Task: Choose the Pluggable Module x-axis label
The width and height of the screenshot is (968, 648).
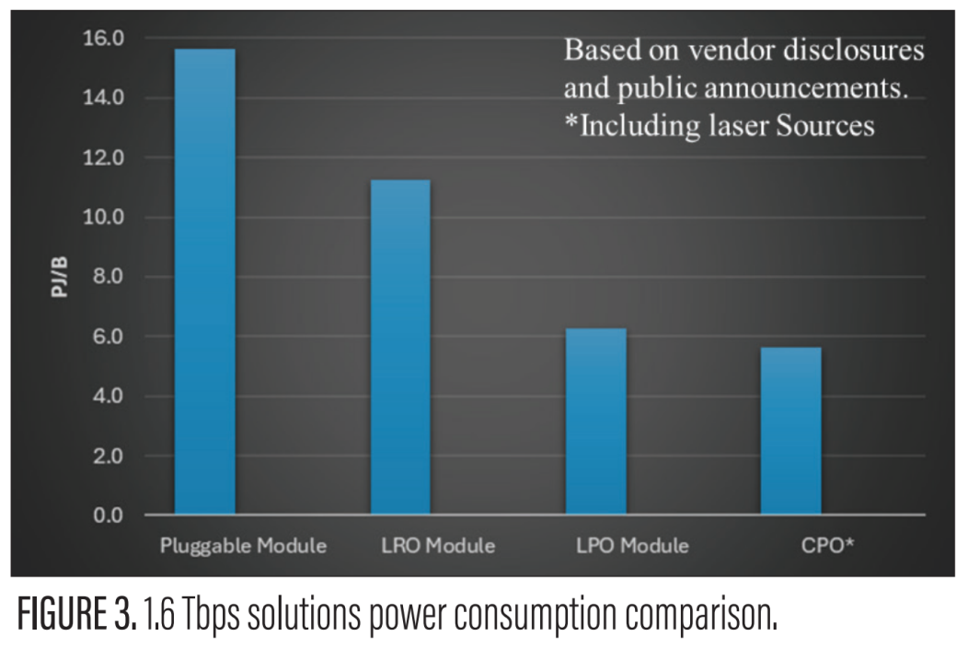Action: click(x=243, y=546)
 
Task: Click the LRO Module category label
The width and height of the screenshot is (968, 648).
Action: click(x=438, y=546)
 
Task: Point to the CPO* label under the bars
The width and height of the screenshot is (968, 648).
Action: click(x=826, y=546)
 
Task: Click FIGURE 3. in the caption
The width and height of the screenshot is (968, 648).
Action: click(x=73, y=612)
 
